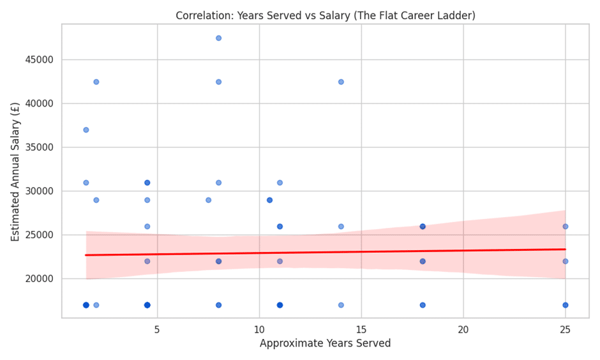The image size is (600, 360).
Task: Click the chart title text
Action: click(x=325, y=15)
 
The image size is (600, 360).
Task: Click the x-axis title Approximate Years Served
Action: click(x=325, y=343)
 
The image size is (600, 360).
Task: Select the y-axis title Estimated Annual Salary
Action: click(x=15, y=170)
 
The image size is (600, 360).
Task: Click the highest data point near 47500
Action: click(x=218, y=38)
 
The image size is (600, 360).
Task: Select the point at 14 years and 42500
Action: click(x=341, y=82)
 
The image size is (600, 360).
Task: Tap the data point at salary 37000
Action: click(x=86, y=130)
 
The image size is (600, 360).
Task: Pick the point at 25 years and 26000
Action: click(x=565, y=227)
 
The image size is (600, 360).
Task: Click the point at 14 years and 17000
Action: click(x=341, y=305)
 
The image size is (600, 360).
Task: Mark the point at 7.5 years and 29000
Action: click(x=208, y=200)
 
